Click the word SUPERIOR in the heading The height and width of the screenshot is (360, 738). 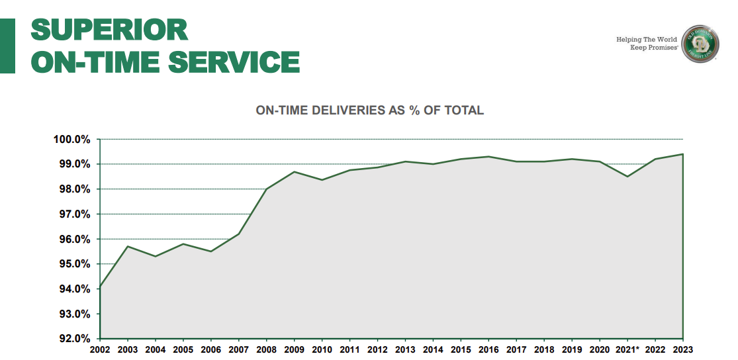pyautogui.click(x=110, y=29)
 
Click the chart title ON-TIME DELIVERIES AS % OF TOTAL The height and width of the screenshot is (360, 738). pyautogui.click(x=369, y=111)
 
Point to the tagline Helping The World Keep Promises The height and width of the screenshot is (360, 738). pyautogui.click(x=646, y=44)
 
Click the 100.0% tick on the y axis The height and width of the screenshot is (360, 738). pyautogui.click(x=71, y=140)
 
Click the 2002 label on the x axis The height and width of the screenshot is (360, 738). pyautogui.click(x=99, y=349)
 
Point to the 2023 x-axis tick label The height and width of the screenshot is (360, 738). pyautogui.click(x=682, y=349)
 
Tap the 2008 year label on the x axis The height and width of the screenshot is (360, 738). pyautogui.click(x=266, y=349)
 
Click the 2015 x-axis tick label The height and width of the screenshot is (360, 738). pyautogui.click(x=461, y=349)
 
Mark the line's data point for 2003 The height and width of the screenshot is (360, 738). pyautogui.click(x=127, y=246)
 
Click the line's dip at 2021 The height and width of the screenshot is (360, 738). pyautogui.click(x=627, y=177)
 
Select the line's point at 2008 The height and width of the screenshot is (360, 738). pyautogui.click(x=266, y=189)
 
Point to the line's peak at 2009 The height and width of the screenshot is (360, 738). pyautogui.click(x=294, y=172)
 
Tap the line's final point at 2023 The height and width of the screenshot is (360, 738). pyautogui.click(x=682, y=154)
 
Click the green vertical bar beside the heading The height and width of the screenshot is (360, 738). pyautogui.click(x=7, y=45)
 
